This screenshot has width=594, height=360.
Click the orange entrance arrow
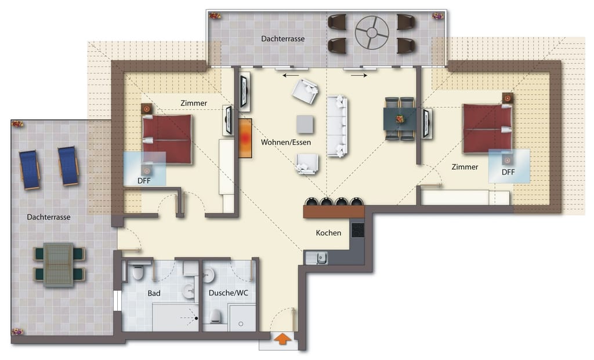282,339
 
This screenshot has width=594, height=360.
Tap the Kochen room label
328,233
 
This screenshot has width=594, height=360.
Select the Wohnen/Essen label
286,143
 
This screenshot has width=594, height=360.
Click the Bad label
154,293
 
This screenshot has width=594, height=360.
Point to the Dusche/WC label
229,293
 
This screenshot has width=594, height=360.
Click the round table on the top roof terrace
372,32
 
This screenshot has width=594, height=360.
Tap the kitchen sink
317,258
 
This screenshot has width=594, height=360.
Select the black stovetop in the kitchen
358,230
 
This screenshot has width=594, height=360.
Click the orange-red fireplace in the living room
245,138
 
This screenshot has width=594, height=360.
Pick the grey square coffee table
305,124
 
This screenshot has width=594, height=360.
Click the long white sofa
337,126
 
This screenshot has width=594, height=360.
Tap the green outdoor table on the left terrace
59,264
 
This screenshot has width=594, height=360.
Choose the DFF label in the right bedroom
508,172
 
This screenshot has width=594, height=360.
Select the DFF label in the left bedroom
144,181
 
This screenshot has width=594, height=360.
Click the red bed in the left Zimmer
167,139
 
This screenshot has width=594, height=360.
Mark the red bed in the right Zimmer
487,129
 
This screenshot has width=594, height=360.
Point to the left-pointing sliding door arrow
291,76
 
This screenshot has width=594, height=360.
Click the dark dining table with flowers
400,119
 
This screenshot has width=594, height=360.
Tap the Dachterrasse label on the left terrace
49,217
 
